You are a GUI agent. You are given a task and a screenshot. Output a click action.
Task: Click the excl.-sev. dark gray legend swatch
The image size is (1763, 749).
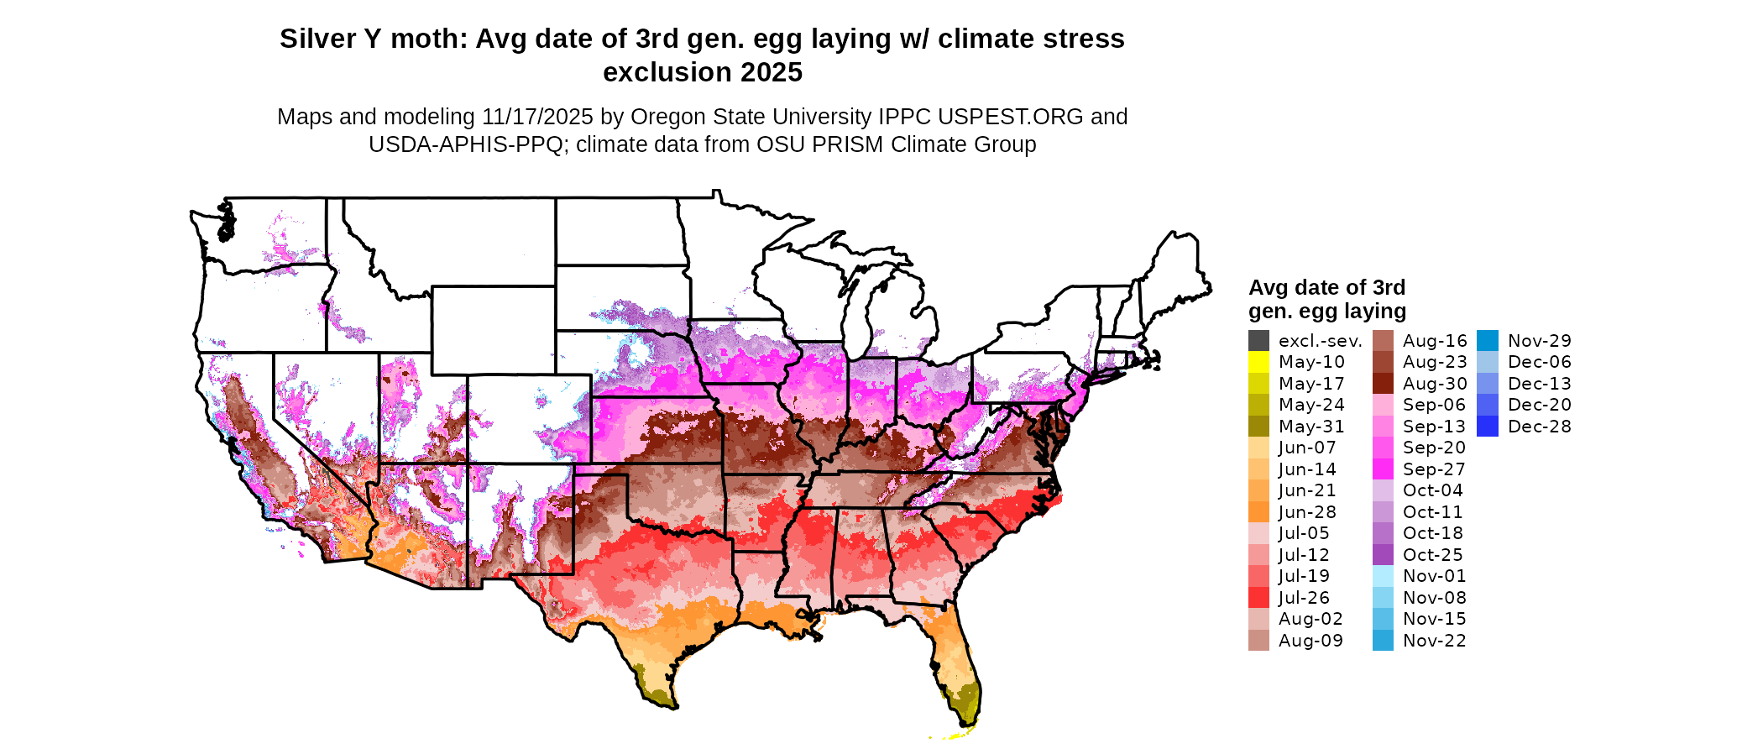click(x=1258, y=341)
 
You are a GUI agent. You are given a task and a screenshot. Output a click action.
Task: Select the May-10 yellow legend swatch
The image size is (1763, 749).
click(x=1258, y=362)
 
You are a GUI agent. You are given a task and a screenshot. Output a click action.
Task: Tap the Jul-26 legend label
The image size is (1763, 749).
click(x=1304, y=598)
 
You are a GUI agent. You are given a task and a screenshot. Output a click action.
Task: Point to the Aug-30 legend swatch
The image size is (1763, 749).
click(x=1383, y=384)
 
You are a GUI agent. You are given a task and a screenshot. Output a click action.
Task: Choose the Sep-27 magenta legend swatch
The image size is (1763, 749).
click(x=1383, y=469)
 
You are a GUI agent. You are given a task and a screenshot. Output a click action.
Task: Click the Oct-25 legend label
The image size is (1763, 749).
click(x=1432, y=555)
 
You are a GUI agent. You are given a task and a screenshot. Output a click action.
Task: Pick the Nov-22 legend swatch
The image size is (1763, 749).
click(x=1383, y=641)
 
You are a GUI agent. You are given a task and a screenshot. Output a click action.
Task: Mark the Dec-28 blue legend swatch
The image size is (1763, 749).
click(x=1487, y=427)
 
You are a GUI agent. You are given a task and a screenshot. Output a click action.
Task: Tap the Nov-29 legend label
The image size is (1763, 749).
click(x=1539, y=341)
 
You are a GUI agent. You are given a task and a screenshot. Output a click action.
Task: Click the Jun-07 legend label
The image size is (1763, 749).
click(x=1306, y=448)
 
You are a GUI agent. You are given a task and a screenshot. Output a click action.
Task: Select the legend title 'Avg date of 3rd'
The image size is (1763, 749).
click(x=1326, y=288)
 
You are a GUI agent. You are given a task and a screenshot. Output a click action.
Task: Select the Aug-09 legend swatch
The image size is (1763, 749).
click(x=1258, y=641)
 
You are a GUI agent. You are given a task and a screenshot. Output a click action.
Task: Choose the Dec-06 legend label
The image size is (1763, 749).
click(x=1539, y=362)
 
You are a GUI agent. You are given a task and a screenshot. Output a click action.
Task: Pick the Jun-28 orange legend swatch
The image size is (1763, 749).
click(x=1258, y=512)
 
